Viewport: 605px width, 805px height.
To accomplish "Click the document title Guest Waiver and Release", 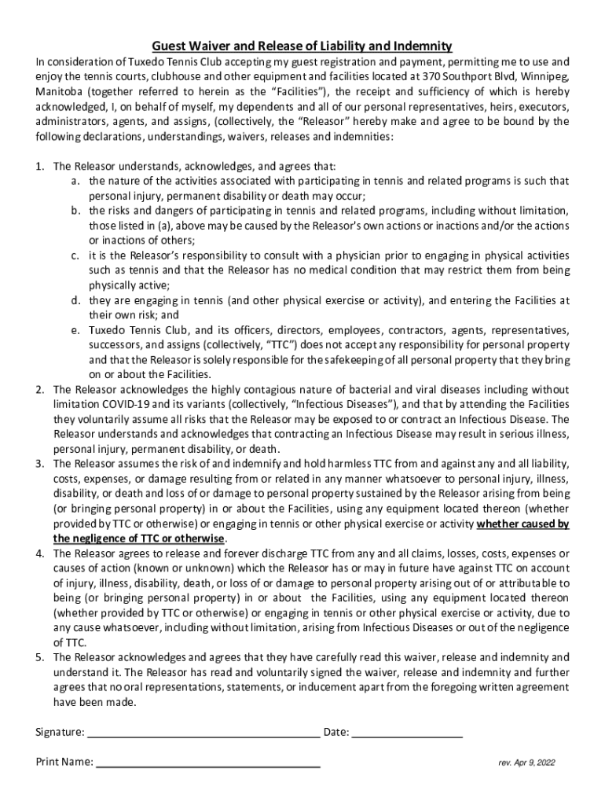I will coord(302,46).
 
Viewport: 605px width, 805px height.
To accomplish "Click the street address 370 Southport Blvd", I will coord(466,76).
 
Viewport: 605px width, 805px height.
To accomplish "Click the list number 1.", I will coord(39,166).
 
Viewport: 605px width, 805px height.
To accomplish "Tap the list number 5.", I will coord(39,657).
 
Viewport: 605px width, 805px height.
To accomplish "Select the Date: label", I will coord(336,732).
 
